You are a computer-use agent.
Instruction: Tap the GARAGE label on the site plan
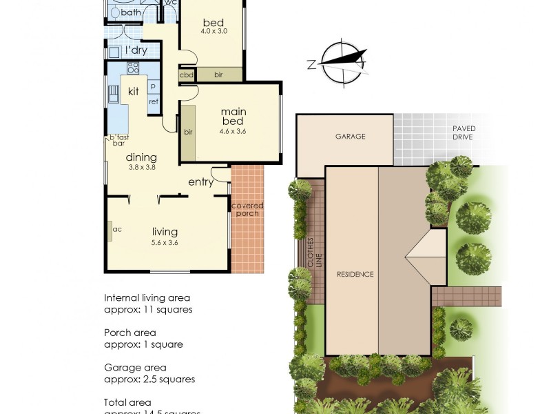click(350, 137)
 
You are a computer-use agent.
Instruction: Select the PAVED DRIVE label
click(464, 133)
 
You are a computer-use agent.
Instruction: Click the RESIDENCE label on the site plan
click(355, 274)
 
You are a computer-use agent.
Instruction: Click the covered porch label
click(247, 210)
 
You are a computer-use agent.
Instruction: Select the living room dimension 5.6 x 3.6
click(165, 242)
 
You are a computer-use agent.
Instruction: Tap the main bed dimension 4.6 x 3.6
click(233, 131)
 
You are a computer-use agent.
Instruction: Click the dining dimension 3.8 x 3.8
click(141, 166)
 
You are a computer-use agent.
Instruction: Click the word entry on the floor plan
click(200, 182)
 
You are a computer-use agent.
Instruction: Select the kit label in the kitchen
click(134, 91)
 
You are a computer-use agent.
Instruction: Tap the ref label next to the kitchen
click(153, 101)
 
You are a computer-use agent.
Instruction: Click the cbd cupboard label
click(186, 75)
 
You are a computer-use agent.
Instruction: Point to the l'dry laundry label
click(136, 50)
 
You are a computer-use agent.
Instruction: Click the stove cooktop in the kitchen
click(132, 68)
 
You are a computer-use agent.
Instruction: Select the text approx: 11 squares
click(147, 310)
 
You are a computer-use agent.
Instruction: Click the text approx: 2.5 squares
click(149, 379)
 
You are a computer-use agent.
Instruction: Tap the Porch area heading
click(129, 333)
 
